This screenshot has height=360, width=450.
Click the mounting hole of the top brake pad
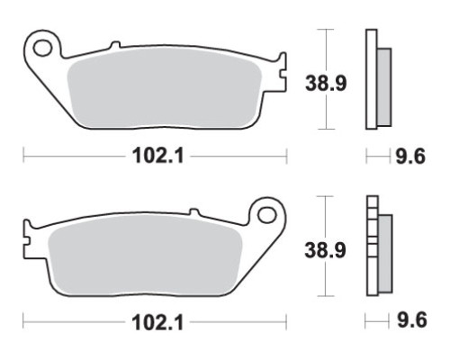click(42, 49)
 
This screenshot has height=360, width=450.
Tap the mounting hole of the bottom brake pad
click(267, 215)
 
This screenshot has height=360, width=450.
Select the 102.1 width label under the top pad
click(157, 157)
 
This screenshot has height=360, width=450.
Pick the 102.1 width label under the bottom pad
click(157, 323)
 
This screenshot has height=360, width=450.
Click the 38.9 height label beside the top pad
click(326, 83)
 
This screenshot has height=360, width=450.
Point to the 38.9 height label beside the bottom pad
click(325, 250)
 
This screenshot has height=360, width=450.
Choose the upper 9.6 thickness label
click(410, 157)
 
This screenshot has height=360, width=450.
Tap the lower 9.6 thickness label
click(411, 319)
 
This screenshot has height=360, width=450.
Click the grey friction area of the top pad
click(164, 91)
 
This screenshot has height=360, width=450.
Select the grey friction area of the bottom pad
click(145, 256)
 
